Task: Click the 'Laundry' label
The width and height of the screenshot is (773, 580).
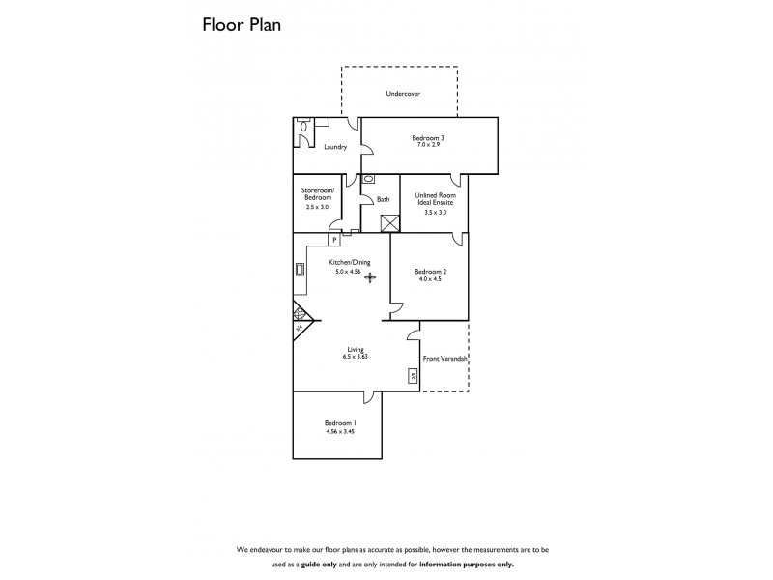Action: (x=334, y=147)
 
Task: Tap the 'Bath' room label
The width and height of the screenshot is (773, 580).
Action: (x=384, y=200)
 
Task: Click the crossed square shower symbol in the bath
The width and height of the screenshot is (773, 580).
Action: (x=390, y=223)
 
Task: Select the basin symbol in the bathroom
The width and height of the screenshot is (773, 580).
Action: (x=369, y=180)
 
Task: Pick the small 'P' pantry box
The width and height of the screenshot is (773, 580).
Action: (x=334, y=239)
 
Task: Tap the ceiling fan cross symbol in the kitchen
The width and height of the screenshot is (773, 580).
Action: (x=370, y=277)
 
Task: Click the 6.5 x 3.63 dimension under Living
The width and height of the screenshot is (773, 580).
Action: (x=356, y=357)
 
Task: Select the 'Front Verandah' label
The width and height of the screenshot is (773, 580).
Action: (x=445, y=359)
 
